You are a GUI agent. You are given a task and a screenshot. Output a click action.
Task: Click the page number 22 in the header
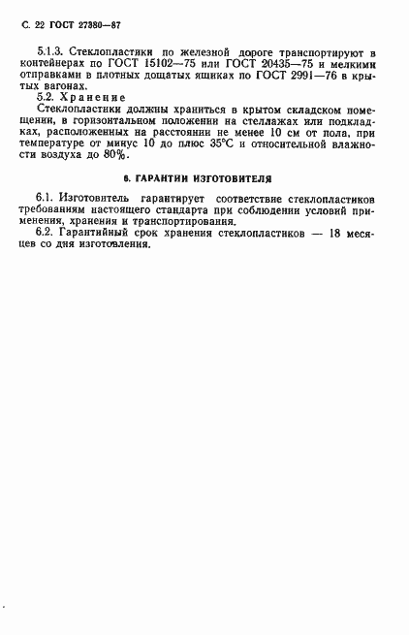[40, 19]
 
